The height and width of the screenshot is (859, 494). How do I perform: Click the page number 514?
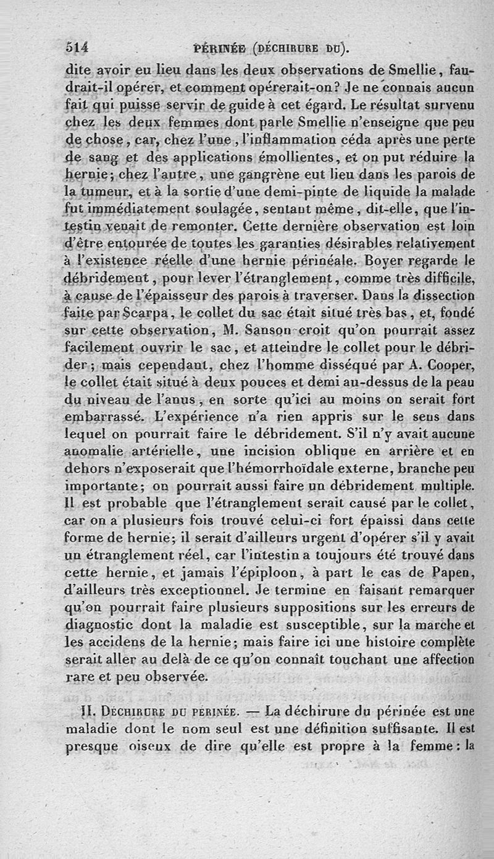click(x=78, y=48)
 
